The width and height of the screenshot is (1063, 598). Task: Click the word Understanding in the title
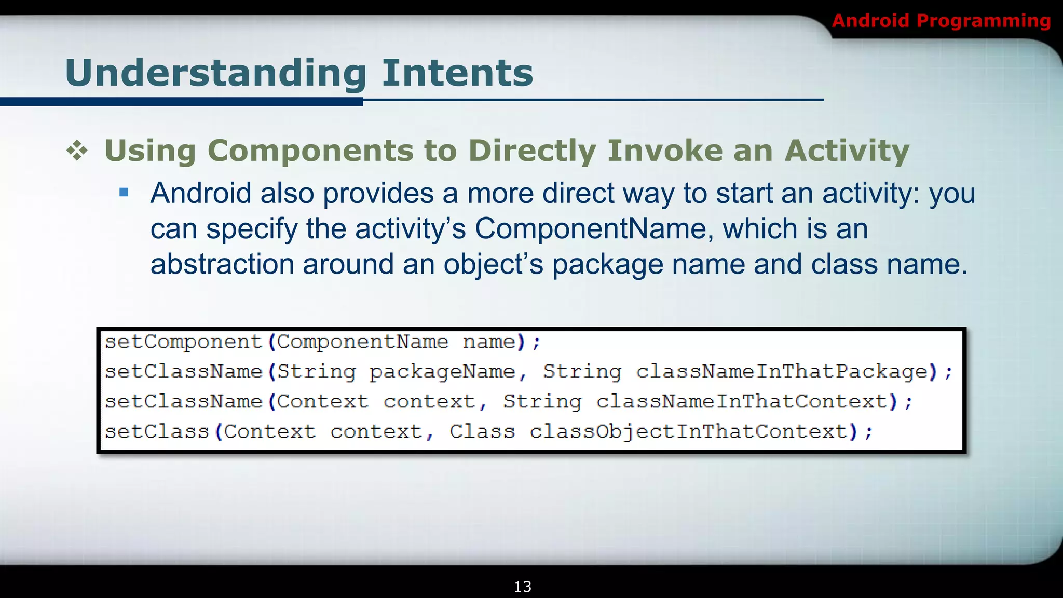click(216, 73)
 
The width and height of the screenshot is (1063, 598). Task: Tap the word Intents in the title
click(457, 73)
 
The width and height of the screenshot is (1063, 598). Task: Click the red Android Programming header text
click(941, 21)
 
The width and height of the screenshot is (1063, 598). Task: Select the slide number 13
click(522, 587)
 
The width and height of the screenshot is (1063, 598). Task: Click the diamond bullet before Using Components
click(77, 151)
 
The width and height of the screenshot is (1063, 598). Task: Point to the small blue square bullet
click(124, 193)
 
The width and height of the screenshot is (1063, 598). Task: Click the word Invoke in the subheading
click(665, 151)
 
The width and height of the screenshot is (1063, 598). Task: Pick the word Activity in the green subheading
click(847, 151)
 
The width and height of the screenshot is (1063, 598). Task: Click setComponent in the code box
click(184, 342)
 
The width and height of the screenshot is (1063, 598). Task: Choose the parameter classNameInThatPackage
click(782, 372)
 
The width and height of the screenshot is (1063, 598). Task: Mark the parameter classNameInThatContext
click(742, 402)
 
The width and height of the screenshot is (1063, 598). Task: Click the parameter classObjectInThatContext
click(689, 432)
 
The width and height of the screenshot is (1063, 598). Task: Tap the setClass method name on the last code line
click(157, 432)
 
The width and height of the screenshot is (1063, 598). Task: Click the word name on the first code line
click(488, 342)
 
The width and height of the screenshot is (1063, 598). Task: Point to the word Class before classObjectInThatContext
click(482, 432)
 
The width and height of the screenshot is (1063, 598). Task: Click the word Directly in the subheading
click(532, 151)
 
